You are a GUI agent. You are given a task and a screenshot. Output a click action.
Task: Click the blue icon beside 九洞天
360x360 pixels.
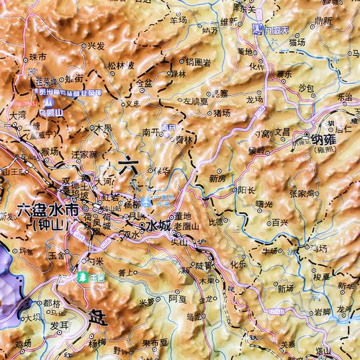tap(258, 30)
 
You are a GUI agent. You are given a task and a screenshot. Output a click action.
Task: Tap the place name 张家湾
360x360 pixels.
tap(302, 193)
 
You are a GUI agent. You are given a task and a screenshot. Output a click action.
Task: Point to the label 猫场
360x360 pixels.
tap(297, 42)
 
